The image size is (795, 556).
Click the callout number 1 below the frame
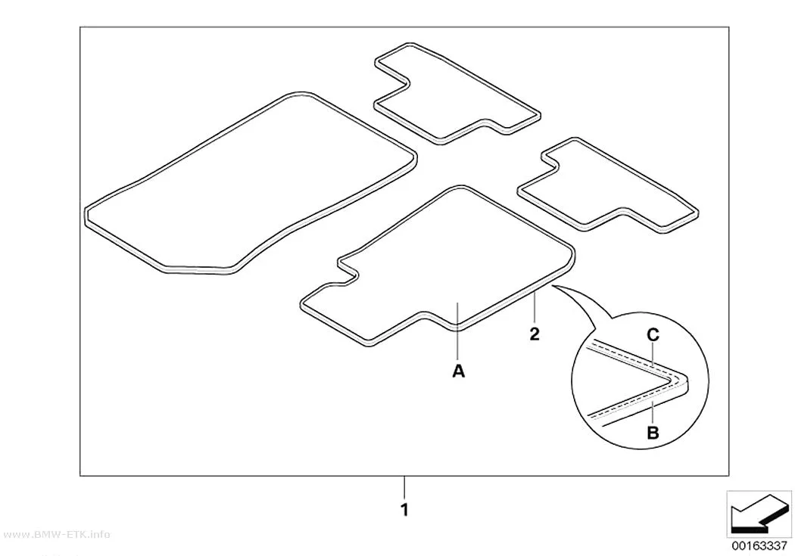404,509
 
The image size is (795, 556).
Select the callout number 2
535,334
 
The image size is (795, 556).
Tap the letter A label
458,371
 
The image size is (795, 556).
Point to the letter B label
653,433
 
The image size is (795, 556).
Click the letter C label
653,334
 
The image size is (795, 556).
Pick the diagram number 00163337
759,546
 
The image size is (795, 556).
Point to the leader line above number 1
404,487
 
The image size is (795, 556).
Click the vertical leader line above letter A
458,331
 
